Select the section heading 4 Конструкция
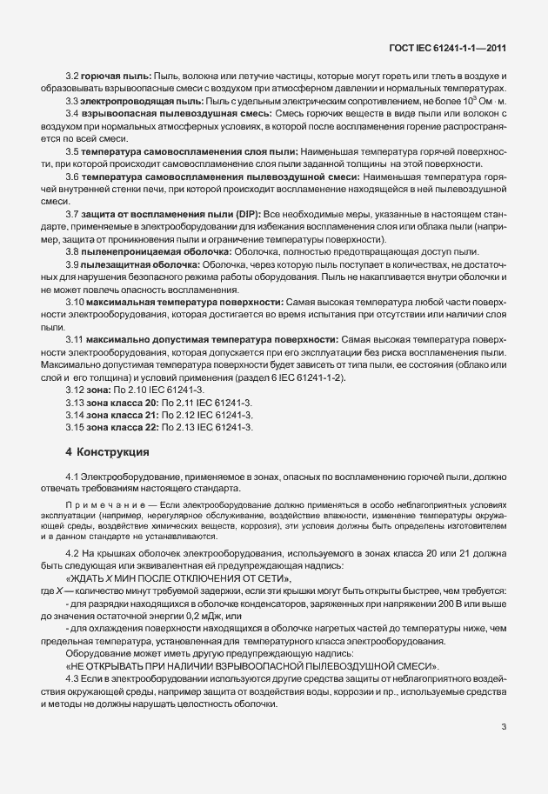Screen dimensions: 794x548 [x=107, y=452]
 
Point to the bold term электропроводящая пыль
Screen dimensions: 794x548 [x=130, y=102]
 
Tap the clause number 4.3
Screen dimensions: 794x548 [x=73, y=677]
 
